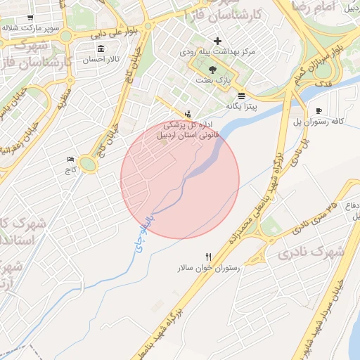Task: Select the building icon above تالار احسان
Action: [x=101, y=49]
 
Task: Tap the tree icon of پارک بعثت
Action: [x=213, y=69]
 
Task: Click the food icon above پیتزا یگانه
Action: [x=242, y=95]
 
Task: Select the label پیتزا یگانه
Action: [x=242, y=106]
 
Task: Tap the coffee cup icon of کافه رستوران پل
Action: [x=319, y=111]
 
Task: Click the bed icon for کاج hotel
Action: [x=70, y=159]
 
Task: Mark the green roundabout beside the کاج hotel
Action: [x=88, y=165]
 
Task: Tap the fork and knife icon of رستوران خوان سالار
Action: [x=208, y=257]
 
